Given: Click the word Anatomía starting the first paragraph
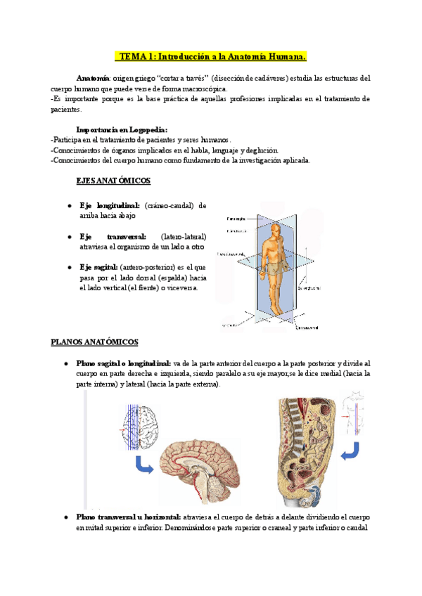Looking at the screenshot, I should coord(92,79).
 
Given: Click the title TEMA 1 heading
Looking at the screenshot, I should coord(211,56).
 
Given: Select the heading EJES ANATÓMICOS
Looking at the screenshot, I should coord(113,181).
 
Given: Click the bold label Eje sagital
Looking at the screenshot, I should coord(98,267).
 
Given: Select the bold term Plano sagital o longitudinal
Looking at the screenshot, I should coord(123,363).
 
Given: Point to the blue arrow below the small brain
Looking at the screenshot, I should coord(144,465).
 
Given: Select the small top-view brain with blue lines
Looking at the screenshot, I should coord(140,428).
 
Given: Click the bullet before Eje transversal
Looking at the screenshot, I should coord(69,237).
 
